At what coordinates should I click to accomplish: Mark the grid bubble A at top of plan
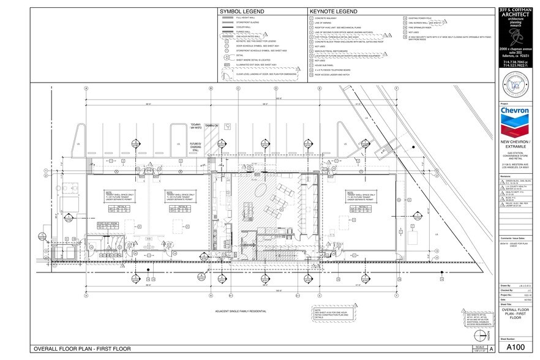(x=86, y=88)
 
